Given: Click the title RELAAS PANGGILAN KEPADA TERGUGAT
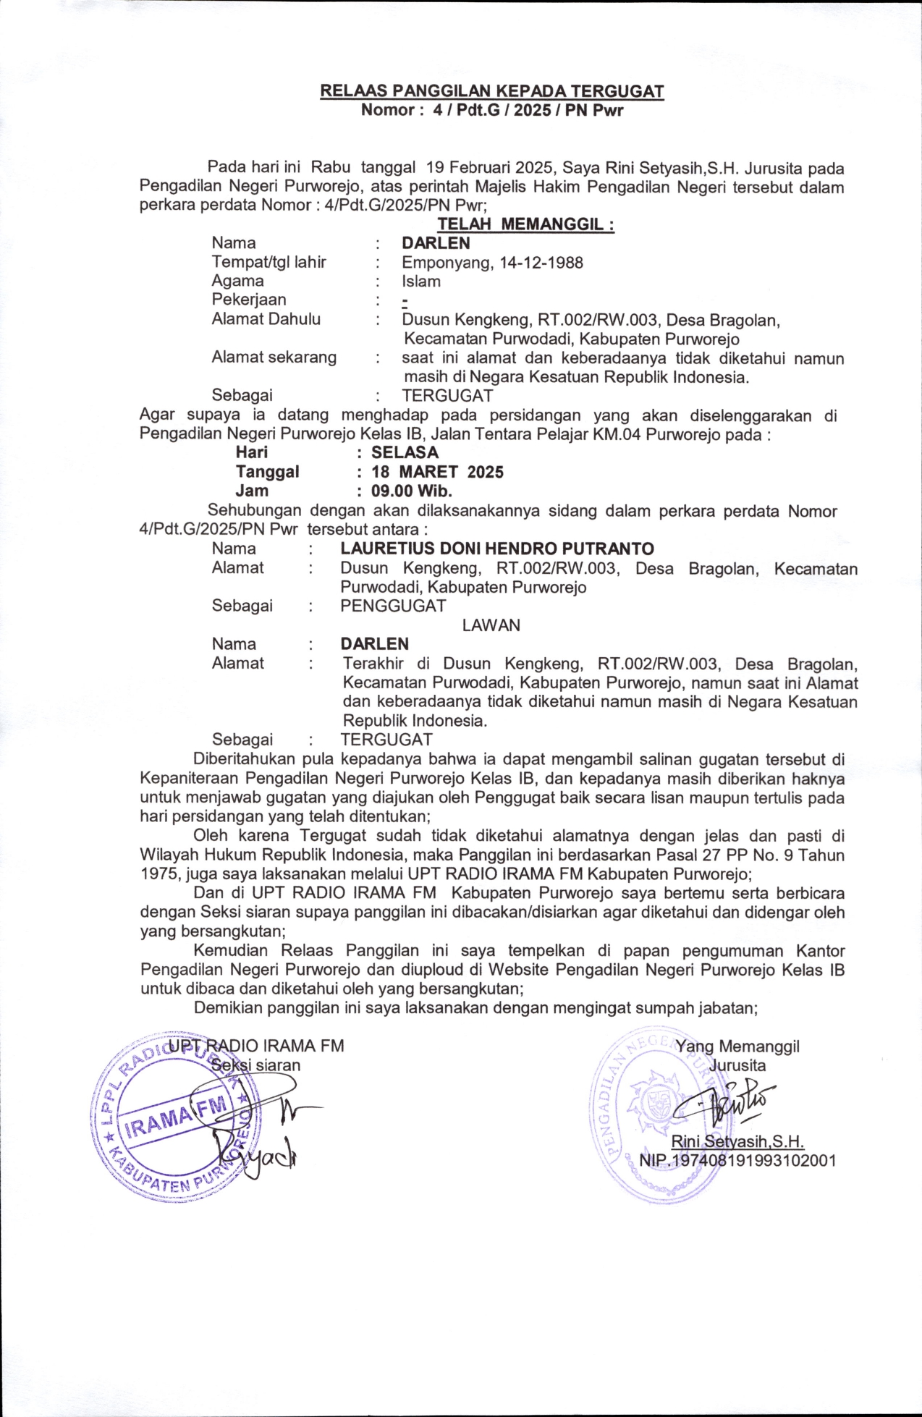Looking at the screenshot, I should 492,91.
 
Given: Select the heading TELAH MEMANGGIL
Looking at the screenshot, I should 525,224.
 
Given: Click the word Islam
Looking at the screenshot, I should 421,281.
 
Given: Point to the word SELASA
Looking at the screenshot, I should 405,452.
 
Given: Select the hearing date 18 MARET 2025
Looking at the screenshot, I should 437,472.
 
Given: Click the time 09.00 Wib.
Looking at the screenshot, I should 411,491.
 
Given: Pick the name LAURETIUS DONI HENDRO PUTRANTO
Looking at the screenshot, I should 497,549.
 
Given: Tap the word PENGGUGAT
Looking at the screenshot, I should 393,606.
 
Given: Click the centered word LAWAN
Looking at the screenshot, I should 491,625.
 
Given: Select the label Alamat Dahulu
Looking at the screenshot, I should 266,319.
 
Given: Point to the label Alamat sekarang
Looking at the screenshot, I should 274,358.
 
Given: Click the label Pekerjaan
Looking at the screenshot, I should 248,300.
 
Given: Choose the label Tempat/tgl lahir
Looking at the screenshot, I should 268,262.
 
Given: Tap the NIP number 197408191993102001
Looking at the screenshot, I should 737,1160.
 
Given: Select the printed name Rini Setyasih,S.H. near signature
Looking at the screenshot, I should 737,1141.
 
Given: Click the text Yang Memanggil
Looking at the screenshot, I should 737,1046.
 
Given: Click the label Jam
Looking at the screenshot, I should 251,491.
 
